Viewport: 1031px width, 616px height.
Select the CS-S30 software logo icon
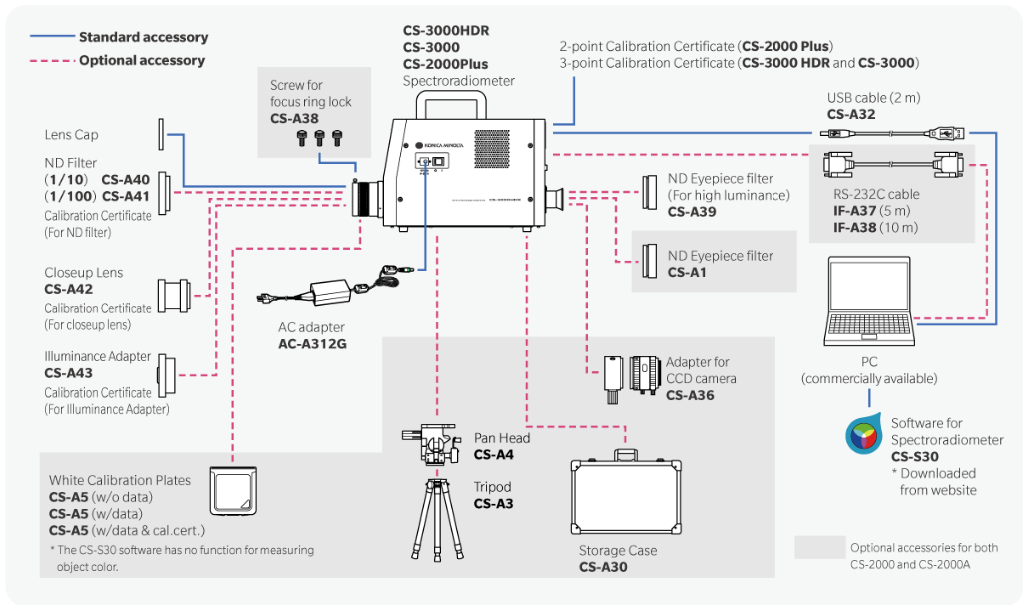(863, 435)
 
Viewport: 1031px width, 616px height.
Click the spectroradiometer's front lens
(369, 196)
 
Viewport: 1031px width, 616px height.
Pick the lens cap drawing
(160, 135)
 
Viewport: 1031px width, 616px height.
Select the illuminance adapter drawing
(168, 374)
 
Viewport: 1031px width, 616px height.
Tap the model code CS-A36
(690, 395)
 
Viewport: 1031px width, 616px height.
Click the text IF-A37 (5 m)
(875, 211)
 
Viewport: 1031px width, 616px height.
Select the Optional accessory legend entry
(141, 60)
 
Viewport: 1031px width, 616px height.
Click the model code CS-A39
(691, 211)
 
